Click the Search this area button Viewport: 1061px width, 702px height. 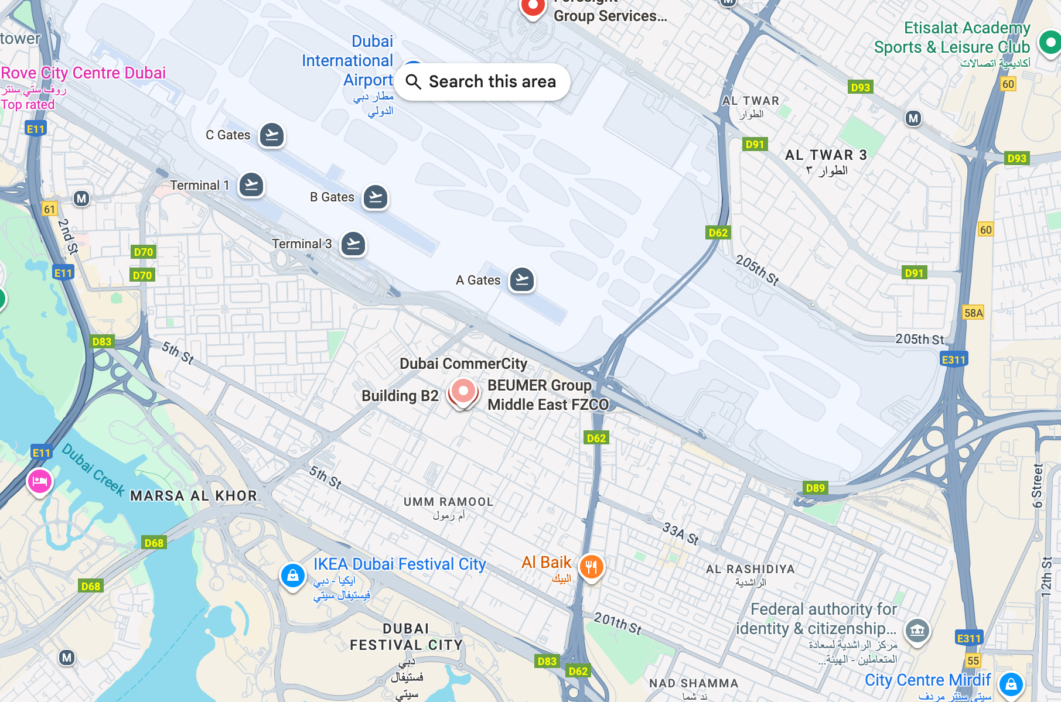coord(482,82)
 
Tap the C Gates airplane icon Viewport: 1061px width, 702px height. coord(272,135)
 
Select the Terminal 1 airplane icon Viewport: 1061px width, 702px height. coord(251,186)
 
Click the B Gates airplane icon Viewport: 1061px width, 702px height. coord(376,197)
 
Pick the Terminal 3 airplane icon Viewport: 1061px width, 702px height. coord(353,244)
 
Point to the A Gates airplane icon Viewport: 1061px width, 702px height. coord(522,280)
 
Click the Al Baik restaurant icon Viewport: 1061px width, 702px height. coord(591,566)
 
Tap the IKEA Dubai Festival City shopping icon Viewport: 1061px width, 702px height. coord(292,576)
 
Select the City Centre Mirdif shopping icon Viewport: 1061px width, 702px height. coord(1011,683)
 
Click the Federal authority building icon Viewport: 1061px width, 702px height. coord(917,631)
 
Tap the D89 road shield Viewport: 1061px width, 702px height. coord(815,488)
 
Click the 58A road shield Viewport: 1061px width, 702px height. coord(973,313)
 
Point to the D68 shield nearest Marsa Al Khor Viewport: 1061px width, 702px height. coord(154,543)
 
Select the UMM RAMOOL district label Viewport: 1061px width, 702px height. coord(448,502)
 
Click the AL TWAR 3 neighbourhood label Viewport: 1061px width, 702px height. coord(825,155)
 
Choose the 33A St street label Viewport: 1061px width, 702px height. coord(680,533)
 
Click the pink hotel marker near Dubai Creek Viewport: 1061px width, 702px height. coord(40,481)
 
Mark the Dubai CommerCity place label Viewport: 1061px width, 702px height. coord(463,364)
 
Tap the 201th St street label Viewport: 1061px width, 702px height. coord(618,623)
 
